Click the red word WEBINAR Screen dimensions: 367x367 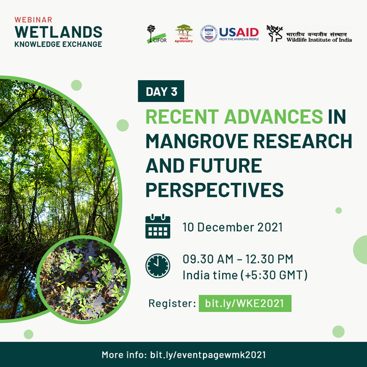(33, 19)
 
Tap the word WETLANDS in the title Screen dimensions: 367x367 (58, 32)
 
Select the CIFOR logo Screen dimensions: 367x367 (157, 34)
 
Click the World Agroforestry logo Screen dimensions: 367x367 (183, 33)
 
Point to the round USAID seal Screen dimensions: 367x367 (209, 34)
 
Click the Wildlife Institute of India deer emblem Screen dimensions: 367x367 (275, 33)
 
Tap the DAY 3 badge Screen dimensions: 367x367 (161, 91)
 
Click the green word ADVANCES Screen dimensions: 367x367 (274, 116)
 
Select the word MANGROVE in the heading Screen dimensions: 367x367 (197, 141)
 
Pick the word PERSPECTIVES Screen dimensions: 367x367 (214, 190)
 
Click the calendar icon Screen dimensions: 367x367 (158, 226)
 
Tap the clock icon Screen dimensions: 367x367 (158, 266)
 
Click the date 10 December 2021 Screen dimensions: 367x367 (232, 227)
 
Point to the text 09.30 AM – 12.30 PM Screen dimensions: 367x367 (238, 259)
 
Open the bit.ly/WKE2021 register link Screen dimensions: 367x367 (245, 303)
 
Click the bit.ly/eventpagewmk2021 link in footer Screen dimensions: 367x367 (208, 355)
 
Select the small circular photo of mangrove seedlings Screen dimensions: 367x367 (84, 280)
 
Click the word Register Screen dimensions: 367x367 (172, 303)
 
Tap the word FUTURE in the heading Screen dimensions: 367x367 (225, 166)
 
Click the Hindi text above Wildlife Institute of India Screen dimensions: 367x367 (317, 34)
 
